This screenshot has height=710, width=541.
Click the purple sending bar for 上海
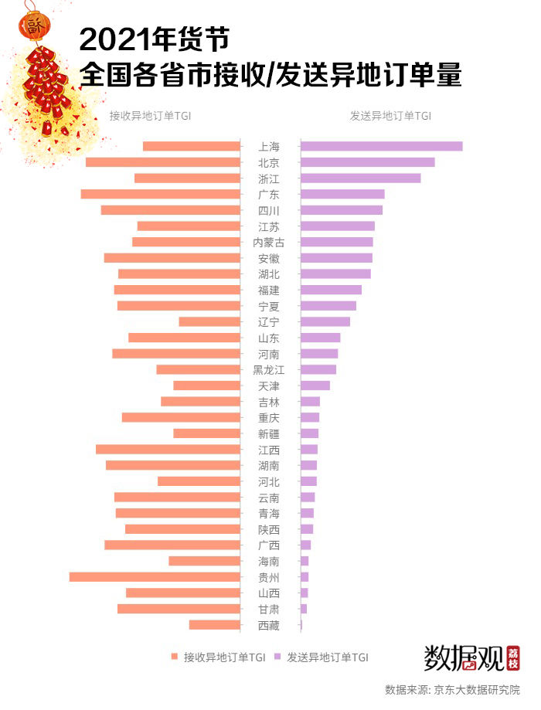(x=381, y=146)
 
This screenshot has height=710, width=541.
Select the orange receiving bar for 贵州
(x=155, y=577)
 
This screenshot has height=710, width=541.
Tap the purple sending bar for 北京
(x=367, y=162)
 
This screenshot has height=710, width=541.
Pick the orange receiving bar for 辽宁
(x=209, y=321)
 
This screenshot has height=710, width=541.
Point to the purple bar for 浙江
(x=360, y=178)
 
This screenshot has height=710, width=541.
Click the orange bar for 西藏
(x=214, y=625)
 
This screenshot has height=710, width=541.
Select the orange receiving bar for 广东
(x=160, y=194)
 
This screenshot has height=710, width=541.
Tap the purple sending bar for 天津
(x=315, y=386)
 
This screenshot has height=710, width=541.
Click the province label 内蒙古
(x=269, y=243)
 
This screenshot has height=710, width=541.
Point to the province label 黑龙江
(x=269, y=370)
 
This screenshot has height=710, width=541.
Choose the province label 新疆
(x=269, y=433)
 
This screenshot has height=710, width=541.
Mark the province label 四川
(x=269, y=210)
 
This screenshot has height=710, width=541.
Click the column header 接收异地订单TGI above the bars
(x=150, y=116)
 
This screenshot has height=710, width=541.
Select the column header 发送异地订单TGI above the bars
(x=390, y=116)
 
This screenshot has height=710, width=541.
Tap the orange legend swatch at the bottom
(x=175, y=657)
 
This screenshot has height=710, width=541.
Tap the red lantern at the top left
(x=33, y=29)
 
